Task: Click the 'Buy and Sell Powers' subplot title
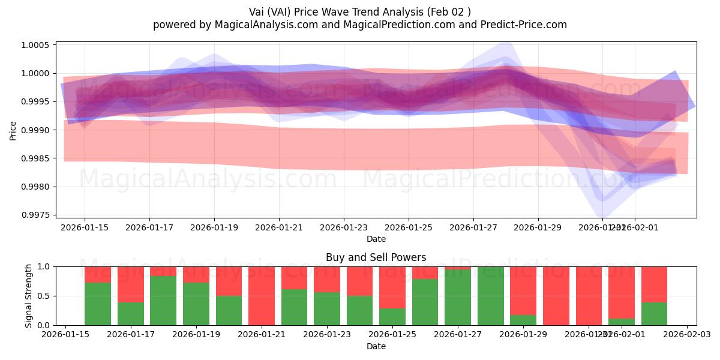click(376, 257)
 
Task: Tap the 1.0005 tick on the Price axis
click(37, 45)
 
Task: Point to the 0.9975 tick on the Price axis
click(37, 215)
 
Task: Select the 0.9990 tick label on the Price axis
click(37, 130)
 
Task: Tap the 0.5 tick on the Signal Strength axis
click(46, 296)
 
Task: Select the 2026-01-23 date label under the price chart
click(344, 227)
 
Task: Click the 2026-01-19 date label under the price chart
click(214, 227)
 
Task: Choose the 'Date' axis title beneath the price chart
click(376, 239)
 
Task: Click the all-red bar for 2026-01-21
click(261, 296)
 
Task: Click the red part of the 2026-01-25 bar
click(392, 287)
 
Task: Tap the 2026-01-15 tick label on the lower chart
click(65, 334)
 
